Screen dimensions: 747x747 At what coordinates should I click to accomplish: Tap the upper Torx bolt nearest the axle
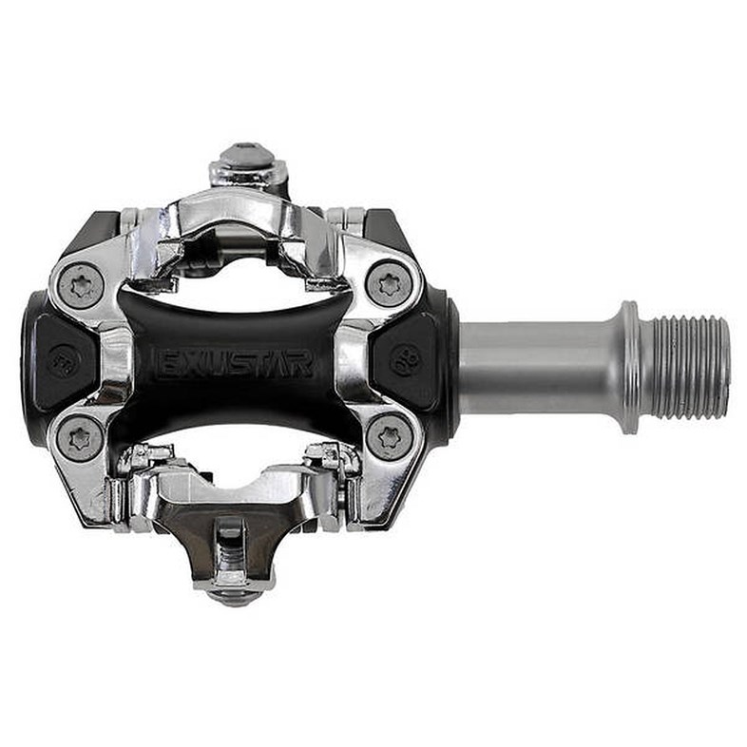click(389, 283)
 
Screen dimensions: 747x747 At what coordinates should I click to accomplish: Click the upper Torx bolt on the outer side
click(81, 283)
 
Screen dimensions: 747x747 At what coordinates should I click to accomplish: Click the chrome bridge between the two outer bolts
click(111, 361)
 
